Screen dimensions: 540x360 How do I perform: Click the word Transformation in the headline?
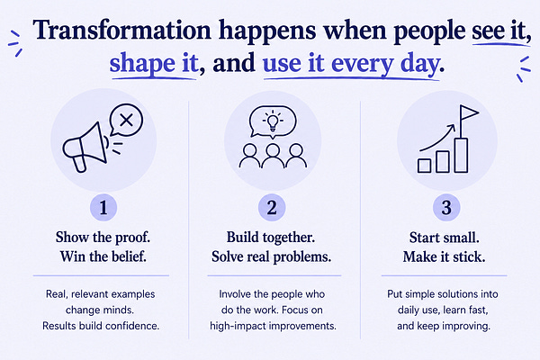point(121,30)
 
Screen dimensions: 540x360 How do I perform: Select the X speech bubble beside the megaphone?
point(126,121)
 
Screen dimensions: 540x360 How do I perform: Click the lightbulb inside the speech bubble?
point(273,121)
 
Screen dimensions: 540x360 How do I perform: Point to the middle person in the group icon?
point(273,156)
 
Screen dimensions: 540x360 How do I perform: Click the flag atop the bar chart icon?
point(469,112)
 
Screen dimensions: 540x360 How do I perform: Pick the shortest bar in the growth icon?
point(424,166)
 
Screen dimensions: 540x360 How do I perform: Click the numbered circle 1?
point(103,208)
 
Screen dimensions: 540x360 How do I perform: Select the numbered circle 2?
point(272,208)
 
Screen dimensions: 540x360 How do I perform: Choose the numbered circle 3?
point(446,208)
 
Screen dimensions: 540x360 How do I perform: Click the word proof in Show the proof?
point(132,238)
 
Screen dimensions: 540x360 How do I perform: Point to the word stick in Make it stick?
point(469,257)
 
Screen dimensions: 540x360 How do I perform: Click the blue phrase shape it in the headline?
point(154,64)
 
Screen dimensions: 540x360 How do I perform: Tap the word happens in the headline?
point(267,31)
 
